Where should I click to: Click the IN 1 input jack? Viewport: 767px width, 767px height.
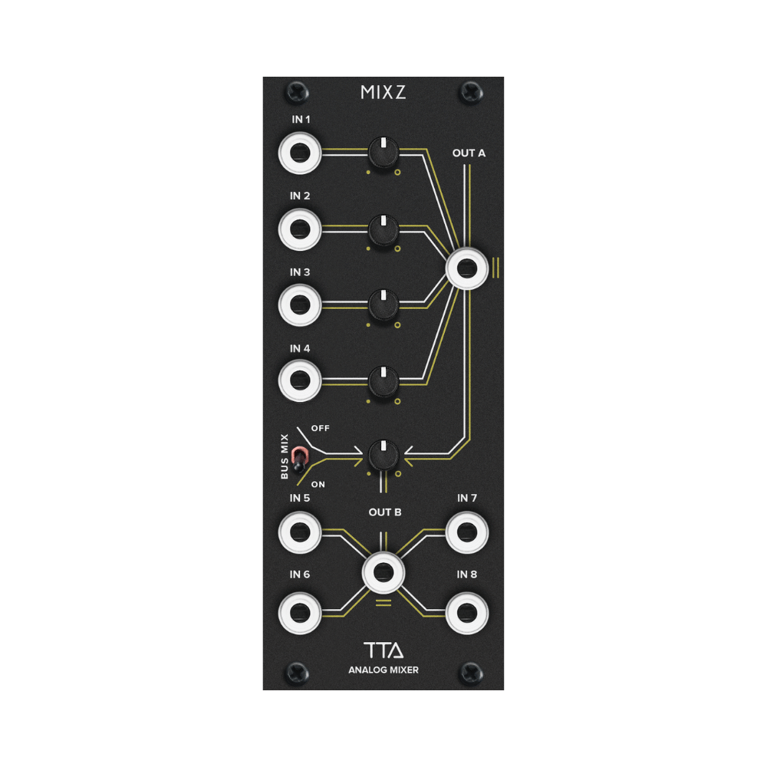pos(299,153)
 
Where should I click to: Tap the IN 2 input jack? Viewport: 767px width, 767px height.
pos(299,229)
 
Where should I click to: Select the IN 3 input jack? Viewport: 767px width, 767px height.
pos(299,304)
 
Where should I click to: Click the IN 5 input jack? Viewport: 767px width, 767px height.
pos(299,532)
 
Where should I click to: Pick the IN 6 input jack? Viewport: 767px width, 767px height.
pos(299,611)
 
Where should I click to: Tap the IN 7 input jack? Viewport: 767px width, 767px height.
pos(467,532)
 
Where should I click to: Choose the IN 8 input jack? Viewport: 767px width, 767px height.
pos(467,611)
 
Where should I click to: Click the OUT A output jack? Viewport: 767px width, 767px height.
pos(467,268)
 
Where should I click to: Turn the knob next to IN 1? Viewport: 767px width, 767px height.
pos(383,152)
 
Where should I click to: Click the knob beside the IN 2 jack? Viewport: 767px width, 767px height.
pos(383,229)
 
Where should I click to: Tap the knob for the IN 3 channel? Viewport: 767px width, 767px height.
pos(383,304)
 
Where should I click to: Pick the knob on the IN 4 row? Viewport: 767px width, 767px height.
pos(383,380)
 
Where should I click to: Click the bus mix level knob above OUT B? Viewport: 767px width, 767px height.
pos(383,456)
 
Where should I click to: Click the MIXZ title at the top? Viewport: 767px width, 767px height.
pos(383,94)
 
